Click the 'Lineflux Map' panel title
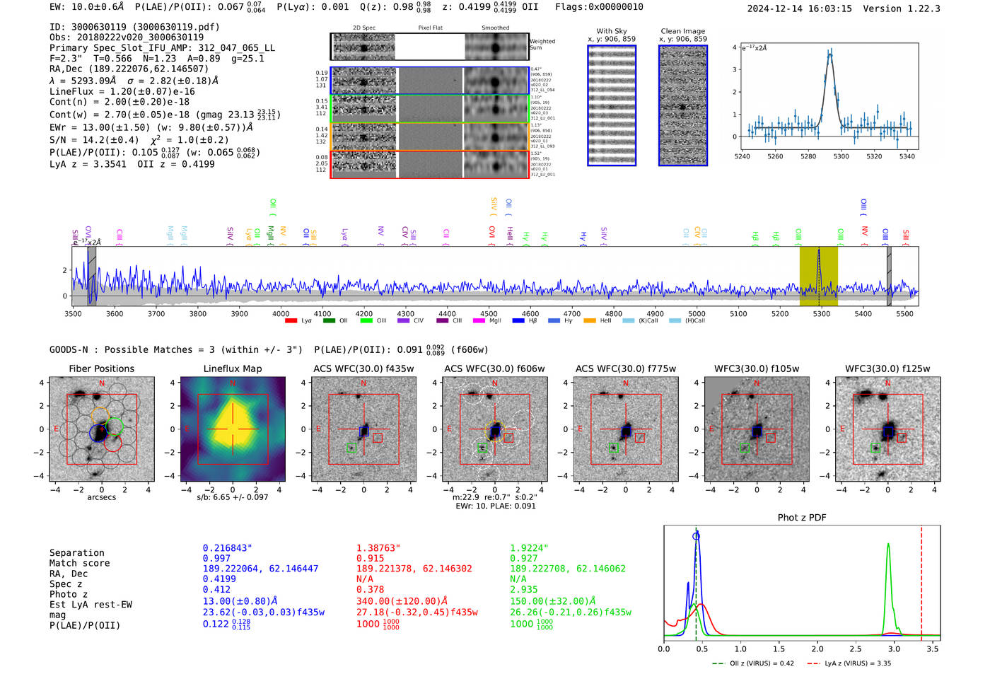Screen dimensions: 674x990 pos(232,368)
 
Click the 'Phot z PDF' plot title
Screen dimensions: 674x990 pos(802,518)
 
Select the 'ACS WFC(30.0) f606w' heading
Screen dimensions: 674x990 pos(494,368)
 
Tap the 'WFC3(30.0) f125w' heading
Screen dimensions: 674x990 pos(887,368)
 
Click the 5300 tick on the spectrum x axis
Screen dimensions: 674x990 pos(821,314)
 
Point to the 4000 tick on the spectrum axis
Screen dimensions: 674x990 pos(281,314)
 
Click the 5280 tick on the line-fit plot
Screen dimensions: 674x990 pos(808,156)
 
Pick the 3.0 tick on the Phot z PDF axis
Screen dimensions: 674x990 pos(894,649)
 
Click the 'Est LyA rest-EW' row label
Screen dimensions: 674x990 pos(91,605)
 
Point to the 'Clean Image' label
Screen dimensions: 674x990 pos(682,31)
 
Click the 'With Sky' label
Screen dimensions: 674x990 pos(611,31)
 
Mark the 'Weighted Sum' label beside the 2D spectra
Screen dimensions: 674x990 pos(542,45)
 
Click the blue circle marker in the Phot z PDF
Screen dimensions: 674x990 pos(696,537)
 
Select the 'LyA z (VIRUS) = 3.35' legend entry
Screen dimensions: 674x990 pos(857,663)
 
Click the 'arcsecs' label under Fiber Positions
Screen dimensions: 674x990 pos(101,497)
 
